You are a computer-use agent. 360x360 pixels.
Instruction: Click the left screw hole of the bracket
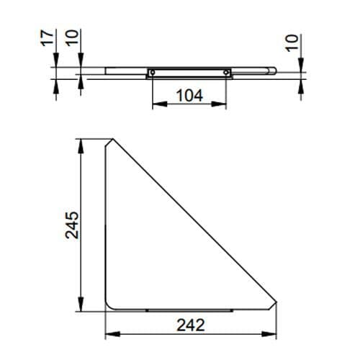pyautogui.click(x=153, y=72)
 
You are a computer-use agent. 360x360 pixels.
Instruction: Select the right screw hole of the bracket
pyautogui.click(x=228, y=72)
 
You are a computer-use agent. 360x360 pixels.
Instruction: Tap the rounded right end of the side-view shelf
pyautogui.click(x=274, y=71)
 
